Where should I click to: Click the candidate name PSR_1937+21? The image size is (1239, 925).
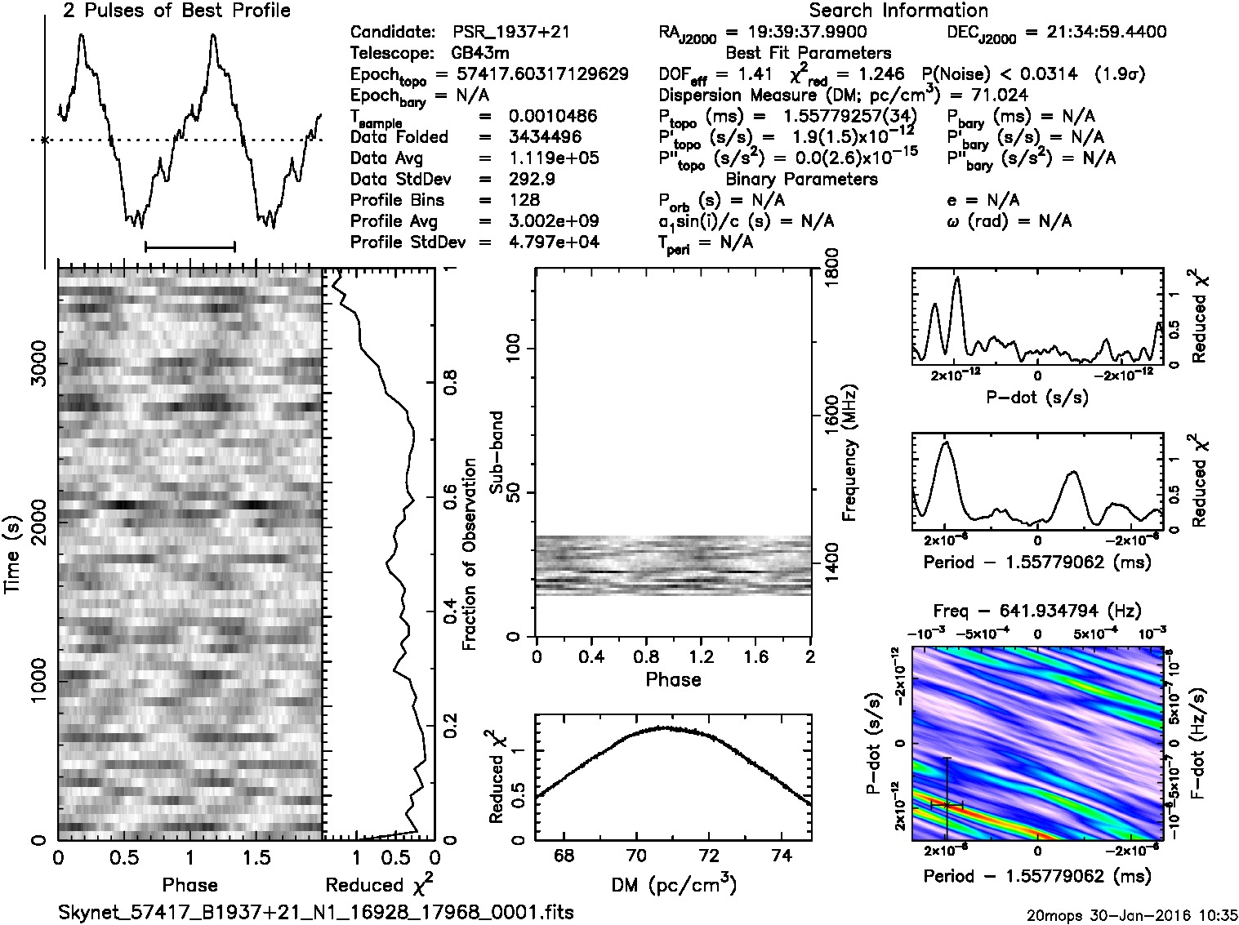510,33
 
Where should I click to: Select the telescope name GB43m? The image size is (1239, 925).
481,54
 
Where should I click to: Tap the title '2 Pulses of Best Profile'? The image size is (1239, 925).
176,11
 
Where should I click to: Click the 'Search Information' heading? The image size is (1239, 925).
898,11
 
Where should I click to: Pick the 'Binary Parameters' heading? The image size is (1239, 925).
801,179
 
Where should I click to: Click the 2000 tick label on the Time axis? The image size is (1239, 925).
38,514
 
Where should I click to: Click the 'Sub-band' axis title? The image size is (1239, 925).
498,452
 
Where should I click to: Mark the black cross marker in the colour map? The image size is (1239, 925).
947,804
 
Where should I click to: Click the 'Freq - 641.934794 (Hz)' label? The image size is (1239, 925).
1037,610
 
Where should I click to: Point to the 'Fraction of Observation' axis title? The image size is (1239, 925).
470,554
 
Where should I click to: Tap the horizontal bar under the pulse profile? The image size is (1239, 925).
189,245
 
